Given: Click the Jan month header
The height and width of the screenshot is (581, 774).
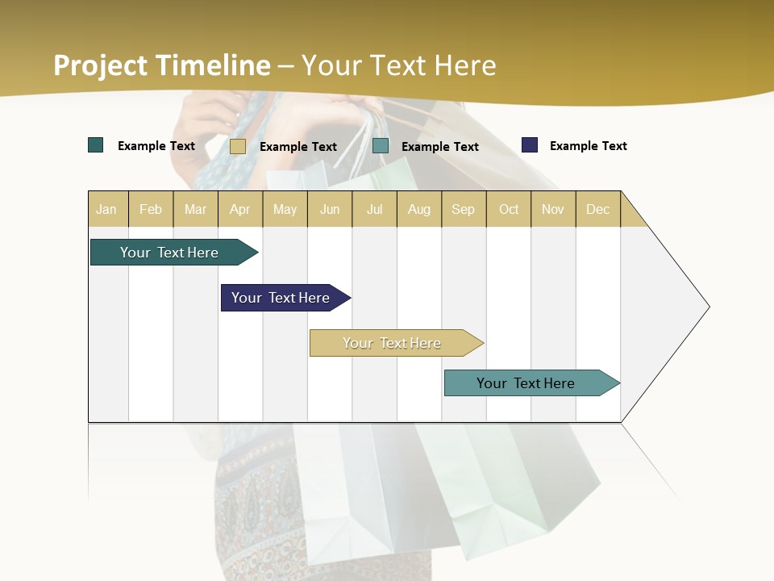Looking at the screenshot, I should coord(107,209).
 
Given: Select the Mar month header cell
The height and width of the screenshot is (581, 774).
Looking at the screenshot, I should coord(195,209).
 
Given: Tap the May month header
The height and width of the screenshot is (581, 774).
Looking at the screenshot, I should coord(285,209).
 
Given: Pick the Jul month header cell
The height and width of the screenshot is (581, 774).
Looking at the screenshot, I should coord(374,209).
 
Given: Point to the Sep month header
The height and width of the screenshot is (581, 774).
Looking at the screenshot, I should coord(463,209).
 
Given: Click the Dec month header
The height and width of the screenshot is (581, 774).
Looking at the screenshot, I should coord(597,209).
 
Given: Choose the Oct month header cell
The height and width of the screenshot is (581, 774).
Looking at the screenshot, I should coord(509,209).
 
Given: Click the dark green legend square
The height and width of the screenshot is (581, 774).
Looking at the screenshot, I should coord(96,145).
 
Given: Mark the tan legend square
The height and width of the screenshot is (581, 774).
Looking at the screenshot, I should coord(238,146).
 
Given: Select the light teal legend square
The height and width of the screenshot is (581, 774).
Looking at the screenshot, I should coord(381,146).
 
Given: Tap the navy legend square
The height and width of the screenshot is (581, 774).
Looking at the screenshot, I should coord(530,145).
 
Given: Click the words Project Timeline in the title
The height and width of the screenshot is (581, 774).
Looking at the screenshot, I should coord(161,65).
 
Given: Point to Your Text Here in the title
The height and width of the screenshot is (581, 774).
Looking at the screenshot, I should coord(398,65).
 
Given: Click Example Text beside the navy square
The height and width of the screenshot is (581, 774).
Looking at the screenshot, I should coord(588,146).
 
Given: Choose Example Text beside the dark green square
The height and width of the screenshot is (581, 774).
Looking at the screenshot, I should coord(156,146).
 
